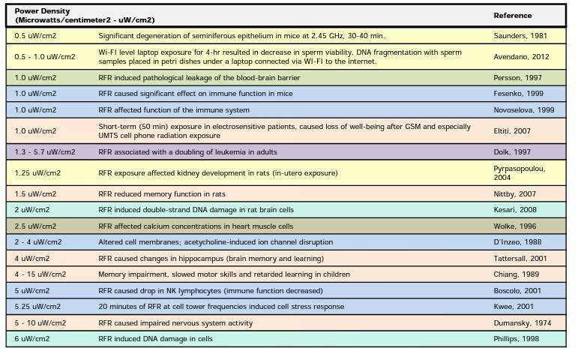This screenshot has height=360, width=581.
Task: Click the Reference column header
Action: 513,16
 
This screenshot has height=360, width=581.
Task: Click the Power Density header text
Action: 42,11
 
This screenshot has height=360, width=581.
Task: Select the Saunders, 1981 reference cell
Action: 520,36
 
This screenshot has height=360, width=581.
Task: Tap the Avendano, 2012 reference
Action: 521,57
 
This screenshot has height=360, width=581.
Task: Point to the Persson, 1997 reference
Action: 517,78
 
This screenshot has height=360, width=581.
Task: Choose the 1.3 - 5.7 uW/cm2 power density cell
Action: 45,152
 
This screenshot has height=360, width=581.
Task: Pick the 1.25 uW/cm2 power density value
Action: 37,173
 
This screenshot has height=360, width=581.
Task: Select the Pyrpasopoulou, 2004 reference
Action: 519,173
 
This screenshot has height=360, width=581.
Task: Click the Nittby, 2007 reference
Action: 515,194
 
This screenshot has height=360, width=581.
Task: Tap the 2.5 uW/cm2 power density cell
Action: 35,226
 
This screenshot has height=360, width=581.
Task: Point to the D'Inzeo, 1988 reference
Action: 517,242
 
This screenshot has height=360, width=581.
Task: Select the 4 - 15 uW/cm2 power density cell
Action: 40,274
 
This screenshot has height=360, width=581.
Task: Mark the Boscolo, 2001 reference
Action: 517,291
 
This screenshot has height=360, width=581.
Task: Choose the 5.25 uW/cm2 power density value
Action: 37,307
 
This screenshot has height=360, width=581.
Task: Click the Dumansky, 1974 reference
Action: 522,323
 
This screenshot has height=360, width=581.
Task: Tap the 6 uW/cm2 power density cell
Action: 32,339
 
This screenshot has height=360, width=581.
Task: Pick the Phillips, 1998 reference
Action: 517,339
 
